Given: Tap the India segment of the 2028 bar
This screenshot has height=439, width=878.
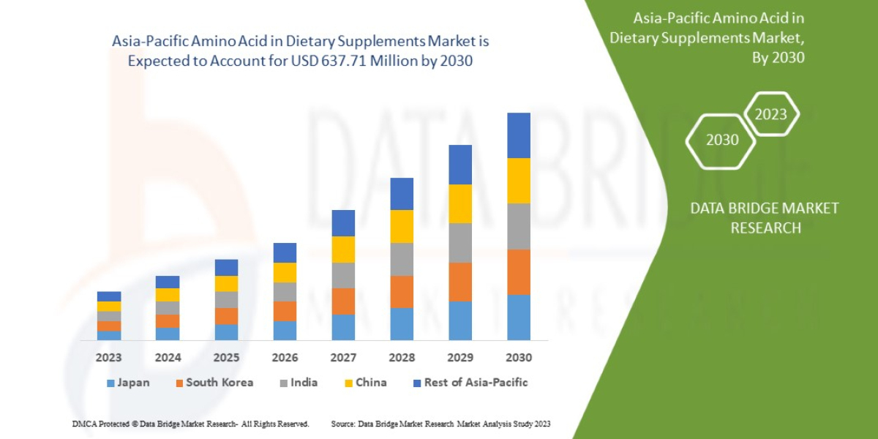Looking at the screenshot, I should [x=402, y=259].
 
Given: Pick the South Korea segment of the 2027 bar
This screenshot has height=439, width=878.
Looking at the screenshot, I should [x=343, y=301].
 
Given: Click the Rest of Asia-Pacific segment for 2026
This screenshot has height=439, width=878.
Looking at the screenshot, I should [x=285, y=252].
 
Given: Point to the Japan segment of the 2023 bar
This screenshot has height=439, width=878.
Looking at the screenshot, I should [x=109, y=335].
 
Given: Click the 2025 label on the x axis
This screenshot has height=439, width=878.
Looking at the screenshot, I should [x=226, y=358].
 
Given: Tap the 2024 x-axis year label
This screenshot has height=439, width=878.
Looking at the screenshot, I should [x=168, y=358].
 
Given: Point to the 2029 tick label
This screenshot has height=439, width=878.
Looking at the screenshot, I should [x=460, y=358].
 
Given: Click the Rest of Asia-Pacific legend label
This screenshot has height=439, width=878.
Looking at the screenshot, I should [x=476, y=383].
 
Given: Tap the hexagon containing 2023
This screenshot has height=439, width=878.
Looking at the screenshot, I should [x=770, y=114].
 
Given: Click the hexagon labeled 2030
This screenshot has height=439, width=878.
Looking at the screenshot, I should [x=721, y=140].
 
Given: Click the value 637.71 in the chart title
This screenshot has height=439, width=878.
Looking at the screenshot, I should [x=344, y=61].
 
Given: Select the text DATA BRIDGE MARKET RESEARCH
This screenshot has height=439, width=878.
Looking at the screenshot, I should [x=765, y=218].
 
